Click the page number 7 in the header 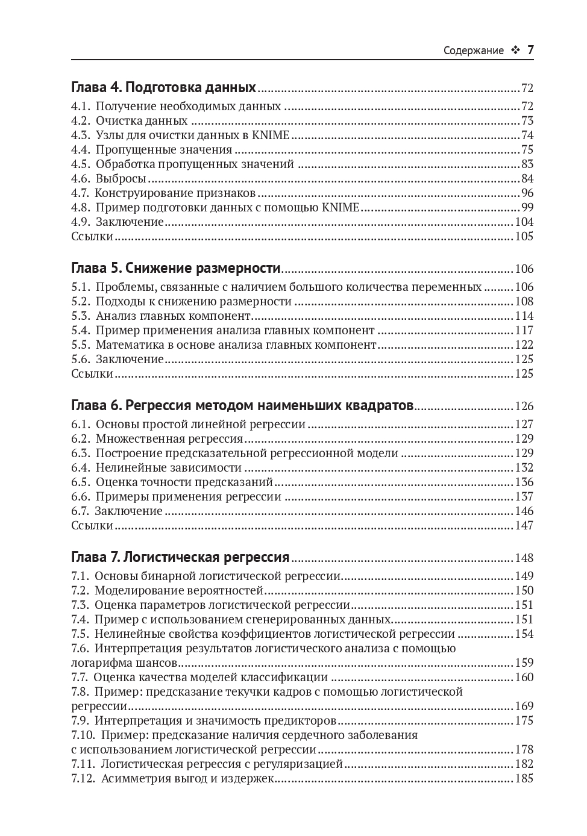point(530,51)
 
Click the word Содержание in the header point(473,51)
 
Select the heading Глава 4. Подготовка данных point(164,87)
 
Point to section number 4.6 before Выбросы point(80,179)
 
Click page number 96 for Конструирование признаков point(527,193)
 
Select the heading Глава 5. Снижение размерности point(176,268)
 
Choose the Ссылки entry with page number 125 point(92,374)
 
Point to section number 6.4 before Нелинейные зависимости point(80,468)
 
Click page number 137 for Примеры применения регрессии point(524,497)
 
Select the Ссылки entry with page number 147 point(92,526)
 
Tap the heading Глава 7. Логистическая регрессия point(180,557)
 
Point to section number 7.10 point(83,735)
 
